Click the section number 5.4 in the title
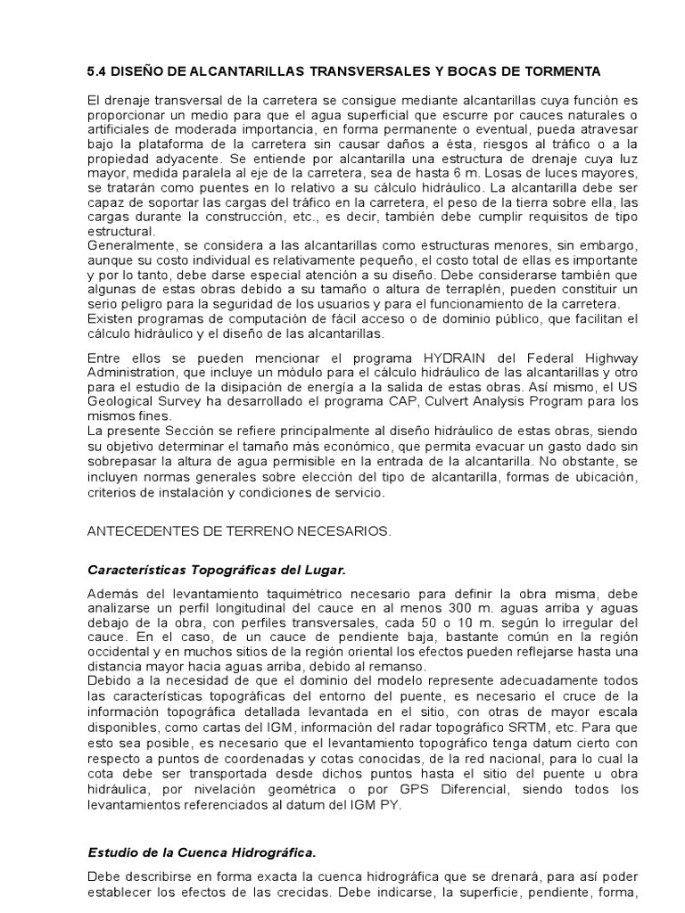(97, 70)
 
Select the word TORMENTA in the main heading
(559, 70)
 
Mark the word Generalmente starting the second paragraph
(131, 243)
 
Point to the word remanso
(405, 665)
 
